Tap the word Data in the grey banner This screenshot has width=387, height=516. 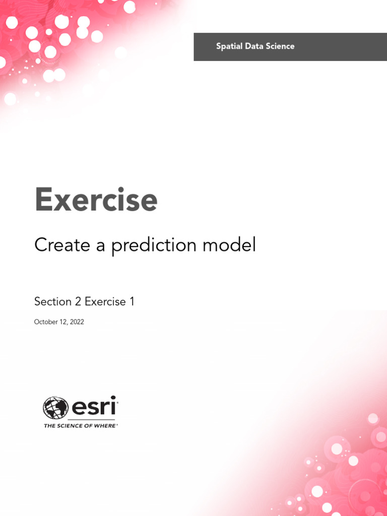(251, 46)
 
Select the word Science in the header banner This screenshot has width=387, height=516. (278, 46)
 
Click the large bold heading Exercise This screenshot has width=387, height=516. (96, 199)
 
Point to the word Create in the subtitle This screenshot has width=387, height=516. (62, 245)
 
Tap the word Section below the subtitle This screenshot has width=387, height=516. (53, 301)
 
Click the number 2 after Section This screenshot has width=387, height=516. (78, 301)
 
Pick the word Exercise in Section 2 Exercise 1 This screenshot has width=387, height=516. (105, 301)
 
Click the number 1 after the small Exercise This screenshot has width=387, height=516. (132, 301)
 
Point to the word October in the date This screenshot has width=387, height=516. (46, 322)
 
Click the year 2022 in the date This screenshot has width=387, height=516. (77, 322)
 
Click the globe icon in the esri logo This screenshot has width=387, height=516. (55, 408)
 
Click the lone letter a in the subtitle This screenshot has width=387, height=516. (100, 246)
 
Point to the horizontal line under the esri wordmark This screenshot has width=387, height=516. (92, 420)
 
